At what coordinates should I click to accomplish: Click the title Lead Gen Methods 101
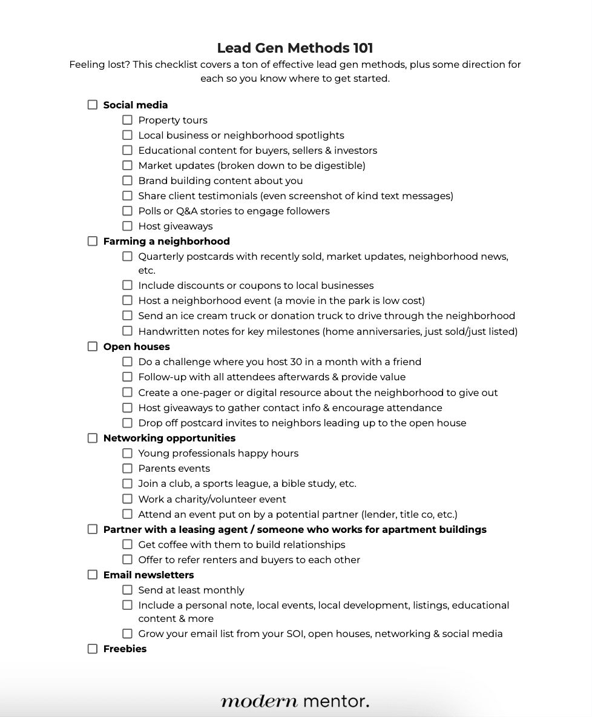(295, 48)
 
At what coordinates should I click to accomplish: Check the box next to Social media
(93, 105)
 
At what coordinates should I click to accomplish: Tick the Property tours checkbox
(127, 120)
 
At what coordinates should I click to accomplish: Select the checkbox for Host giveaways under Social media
(127, 226)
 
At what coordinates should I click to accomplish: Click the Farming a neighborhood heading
(166, 241)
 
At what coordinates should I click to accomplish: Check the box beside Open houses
(93, 346)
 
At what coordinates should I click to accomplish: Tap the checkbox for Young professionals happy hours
(127, 453)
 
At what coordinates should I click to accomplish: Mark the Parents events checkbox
(127, 468)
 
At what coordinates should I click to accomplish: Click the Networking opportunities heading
(169, 438)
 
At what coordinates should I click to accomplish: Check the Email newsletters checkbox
(93, 575)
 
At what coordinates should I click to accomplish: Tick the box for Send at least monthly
(127, 590)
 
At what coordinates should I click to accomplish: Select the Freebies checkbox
(93, 649)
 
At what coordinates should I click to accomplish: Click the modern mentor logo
(295, 701)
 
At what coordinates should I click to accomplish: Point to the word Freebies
(125, 649)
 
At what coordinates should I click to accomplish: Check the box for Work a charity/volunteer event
(127, 499)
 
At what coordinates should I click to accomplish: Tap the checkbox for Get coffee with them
(127, 544)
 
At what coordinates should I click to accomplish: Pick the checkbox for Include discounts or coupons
(127, 285)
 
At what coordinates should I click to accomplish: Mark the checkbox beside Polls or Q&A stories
(127, 211)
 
